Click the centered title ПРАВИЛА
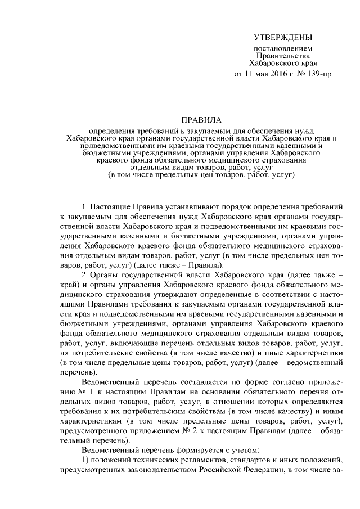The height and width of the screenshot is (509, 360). pos(201,120)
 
